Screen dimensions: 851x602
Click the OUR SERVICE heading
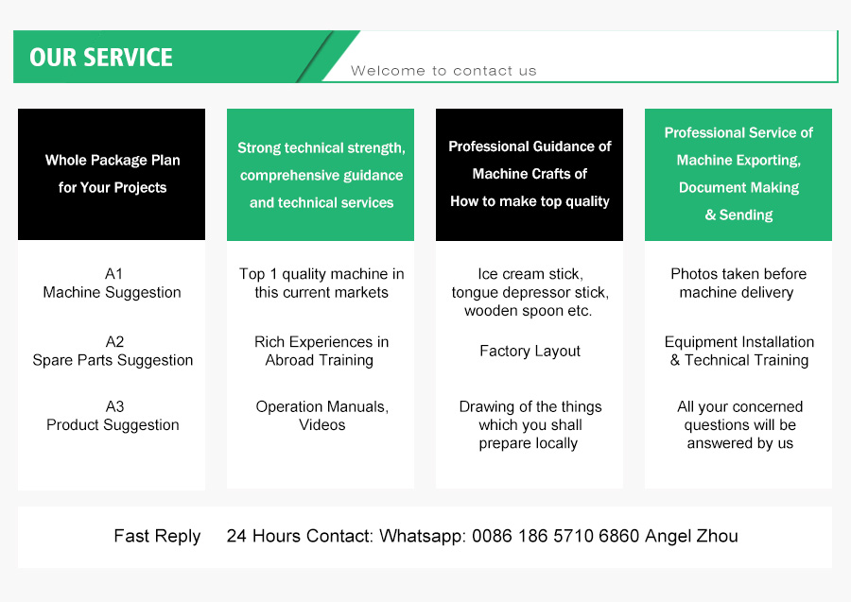[101, 58]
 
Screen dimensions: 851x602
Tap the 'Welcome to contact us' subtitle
[443, 71]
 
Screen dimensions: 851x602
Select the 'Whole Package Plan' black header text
[113, 161]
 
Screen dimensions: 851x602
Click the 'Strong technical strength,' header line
[321, 148]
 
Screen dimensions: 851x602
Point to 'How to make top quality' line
[530, 201]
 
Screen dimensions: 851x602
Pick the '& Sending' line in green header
[738, 215]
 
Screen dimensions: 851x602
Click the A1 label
[113, 274]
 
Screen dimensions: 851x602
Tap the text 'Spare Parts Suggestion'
[113, 360]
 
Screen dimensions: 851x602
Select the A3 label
[114, 406]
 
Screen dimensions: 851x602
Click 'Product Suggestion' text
[113, 424]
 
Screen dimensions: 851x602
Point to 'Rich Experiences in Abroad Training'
[321, 351]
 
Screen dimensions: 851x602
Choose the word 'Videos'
[321, 424]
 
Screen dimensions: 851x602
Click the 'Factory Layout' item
[530, 352]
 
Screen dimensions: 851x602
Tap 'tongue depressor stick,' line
[530, 293]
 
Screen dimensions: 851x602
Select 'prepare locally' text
[528, 443]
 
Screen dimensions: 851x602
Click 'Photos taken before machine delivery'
[738, 284]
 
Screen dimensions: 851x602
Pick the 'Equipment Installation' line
[739, 342]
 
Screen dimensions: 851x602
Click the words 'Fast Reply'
[157, 537]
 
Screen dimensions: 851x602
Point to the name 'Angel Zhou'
[691, 537]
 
